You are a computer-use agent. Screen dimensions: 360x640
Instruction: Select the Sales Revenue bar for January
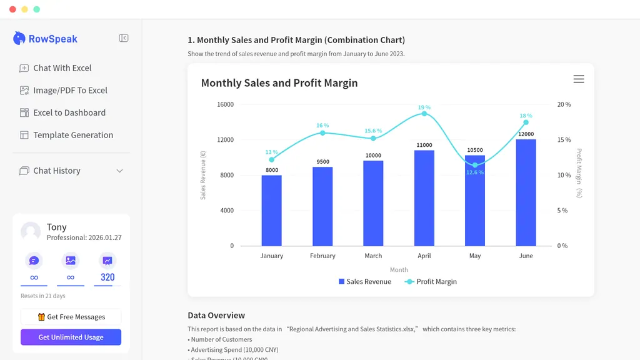pyautogui.click(x=271, y=211)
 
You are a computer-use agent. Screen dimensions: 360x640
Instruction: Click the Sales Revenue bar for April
pyautogui.click(x=424, y=198)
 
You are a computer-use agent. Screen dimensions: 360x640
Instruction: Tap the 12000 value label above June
pyautogui.click(x=526, y=134)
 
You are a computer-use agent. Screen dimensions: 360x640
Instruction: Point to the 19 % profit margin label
pyautogui.click(x=424, y=107)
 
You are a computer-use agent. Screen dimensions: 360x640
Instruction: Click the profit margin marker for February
pyautogui.click(x=322, y=133)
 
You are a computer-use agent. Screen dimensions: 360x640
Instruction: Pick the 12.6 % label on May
pyautogui.click(x=475, y=172)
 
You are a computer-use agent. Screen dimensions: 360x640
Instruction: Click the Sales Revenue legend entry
pyautogui.click(x=365, y=282)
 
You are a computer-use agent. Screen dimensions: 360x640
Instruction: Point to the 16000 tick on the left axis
pyautogui.click(x=225, y=104)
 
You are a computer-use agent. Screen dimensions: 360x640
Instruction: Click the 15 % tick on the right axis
pyautogui.click(x=564, y=140)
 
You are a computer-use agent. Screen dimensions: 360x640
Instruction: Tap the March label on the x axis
pyautogui.click(x=373, y=256)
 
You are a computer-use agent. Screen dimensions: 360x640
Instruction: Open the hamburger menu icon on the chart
pyautogui.click(x=579, y=79)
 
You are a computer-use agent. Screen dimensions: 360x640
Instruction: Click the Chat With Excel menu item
pyautogui.click(x=62, y=68)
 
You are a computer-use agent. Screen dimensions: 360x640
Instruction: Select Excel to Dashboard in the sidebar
pyautogui.click(x=69, y=112)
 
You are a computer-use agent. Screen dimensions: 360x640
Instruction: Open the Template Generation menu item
pyautogui.click(x=72, y=135)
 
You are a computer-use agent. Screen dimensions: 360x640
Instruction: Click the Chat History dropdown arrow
pyautogui.click(x=119, y=171)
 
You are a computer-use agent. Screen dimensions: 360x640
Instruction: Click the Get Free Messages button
pyautogui.click(x=71, y=317)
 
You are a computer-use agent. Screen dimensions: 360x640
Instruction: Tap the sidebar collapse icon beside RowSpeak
pyautogui.click(x=124, y=38)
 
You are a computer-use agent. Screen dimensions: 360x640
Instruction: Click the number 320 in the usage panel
pyautogui.click(x=107, y=277)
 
